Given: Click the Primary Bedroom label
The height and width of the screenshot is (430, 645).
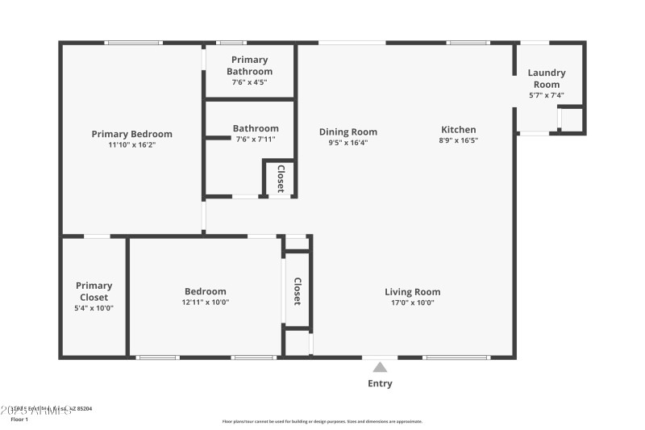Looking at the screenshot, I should click(131, 134).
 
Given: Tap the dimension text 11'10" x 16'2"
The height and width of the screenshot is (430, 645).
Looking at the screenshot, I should click(131, 145).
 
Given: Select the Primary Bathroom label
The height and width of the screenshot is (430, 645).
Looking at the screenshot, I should click(249, 65).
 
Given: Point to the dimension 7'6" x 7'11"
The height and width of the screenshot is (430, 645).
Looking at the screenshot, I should click(256, 140).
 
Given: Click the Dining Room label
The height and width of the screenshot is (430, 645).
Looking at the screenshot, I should click(347, 132).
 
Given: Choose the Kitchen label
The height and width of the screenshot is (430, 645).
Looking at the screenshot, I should click(458, 129).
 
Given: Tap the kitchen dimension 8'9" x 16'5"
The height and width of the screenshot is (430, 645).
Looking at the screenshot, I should click(458, 141).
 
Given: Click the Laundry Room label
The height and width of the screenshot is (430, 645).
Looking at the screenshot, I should click(547, 78).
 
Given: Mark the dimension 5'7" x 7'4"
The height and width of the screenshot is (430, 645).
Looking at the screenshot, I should click(547, 95).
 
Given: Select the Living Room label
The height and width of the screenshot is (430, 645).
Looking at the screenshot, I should click(412, 292).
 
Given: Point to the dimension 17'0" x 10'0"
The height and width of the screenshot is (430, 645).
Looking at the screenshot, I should click(412, 303).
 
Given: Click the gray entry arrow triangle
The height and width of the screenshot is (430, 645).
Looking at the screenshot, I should click(380, 367).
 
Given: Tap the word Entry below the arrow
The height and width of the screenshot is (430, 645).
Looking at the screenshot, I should click(380, 383).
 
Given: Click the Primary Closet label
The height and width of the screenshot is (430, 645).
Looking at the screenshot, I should click(94, 291).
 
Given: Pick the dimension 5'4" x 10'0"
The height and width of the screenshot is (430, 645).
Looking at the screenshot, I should click(94, 308).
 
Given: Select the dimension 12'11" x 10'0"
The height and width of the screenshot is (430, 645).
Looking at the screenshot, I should click(205, 303).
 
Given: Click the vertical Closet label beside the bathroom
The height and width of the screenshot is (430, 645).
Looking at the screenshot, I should click(281, 178).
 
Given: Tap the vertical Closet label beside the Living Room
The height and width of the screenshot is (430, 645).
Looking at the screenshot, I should click(297, 291).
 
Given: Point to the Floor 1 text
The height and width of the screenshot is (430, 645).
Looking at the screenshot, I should click(19, 420).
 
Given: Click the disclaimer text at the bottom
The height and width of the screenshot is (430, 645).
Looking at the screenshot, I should click(322, 421).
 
